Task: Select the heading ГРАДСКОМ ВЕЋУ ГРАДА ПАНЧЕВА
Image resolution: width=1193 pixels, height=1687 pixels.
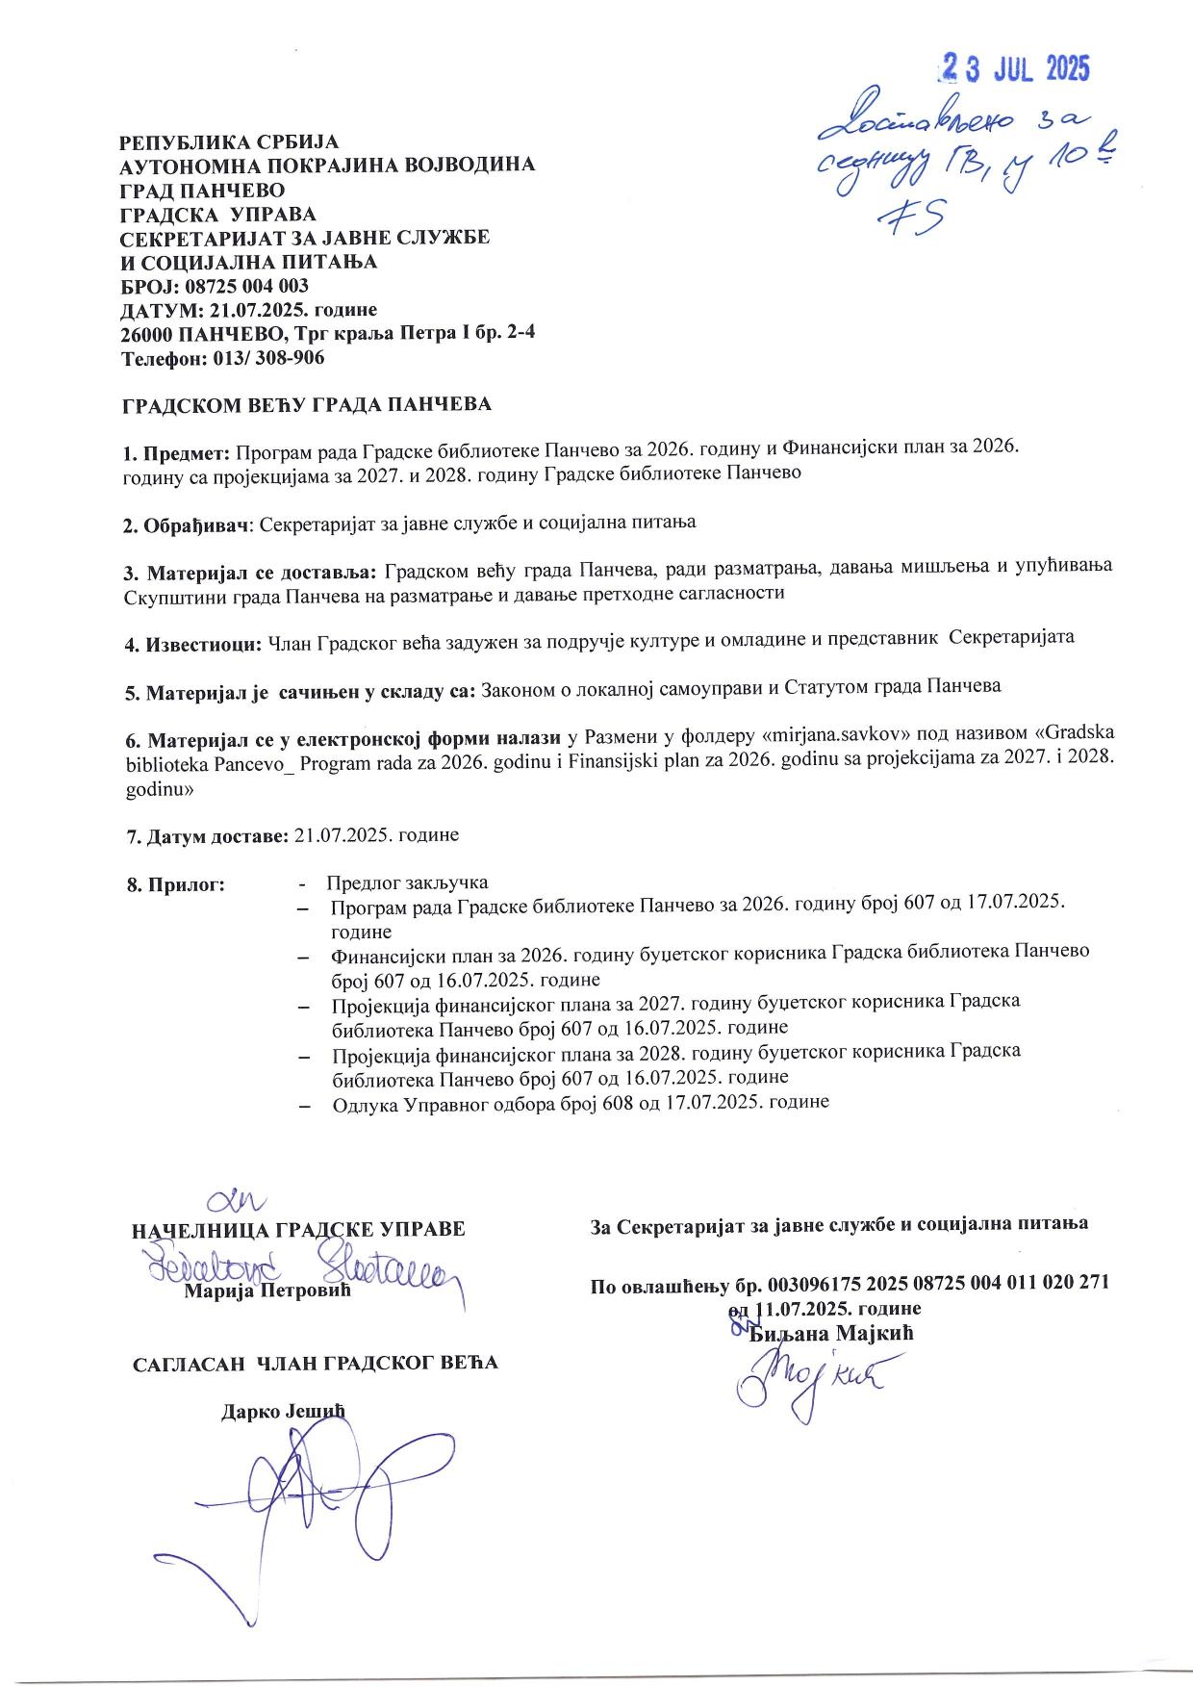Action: [x=306, y=404]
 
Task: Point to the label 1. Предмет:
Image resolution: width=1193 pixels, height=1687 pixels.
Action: [x=177, y=450]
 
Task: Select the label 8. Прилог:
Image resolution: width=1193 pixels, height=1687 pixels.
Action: [x=174, y=884]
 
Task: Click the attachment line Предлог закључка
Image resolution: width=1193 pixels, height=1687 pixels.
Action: [x=407, y=882]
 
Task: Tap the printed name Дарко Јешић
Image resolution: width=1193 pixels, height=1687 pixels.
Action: [x=282, y=1411]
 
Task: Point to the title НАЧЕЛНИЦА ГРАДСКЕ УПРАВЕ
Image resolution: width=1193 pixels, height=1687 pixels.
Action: [x=297, y=1229]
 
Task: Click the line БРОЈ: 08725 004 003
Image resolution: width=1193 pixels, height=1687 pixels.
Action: [x=215, y=286]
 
